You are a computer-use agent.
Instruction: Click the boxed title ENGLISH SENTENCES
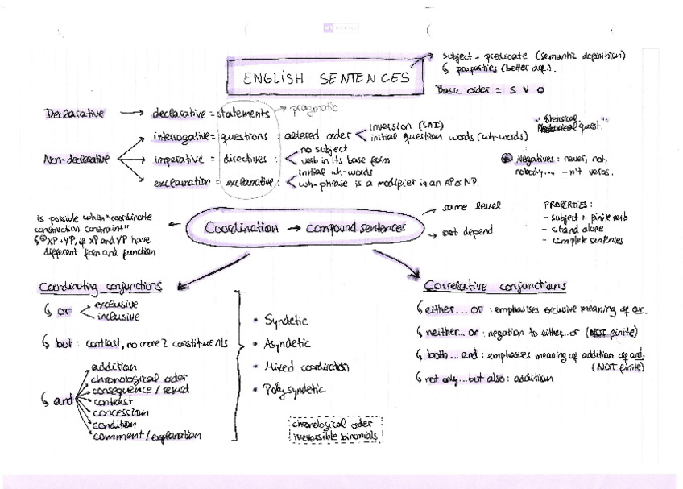click(x=327, y=77)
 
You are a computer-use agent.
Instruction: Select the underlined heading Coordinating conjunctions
click(x=101, y=286)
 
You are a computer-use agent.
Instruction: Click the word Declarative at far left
click(x=74, y=114)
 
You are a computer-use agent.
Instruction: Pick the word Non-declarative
click(x=76, y=160)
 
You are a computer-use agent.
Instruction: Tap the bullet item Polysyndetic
click(x=295, y=389)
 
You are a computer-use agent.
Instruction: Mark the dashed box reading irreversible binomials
click(x=335, y=436)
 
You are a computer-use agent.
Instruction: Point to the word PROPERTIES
click(x=568, y=205)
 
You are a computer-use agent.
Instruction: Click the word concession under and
click(x=120, y=412)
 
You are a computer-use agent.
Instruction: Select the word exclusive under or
click(x=116, y=305)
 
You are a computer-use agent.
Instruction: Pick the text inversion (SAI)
click(x=401, y=126)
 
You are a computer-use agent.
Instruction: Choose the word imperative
click(x=181, y=159)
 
